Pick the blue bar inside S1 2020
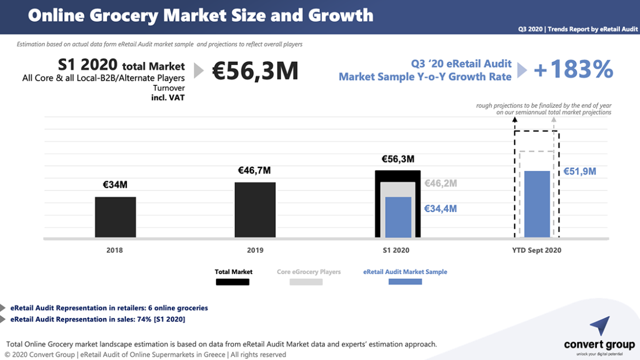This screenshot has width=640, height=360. (398, 217)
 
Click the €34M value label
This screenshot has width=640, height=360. (115, 185)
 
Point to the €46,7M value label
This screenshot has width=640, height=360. (254, 171)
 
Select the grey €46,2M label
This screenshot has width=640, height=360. (440, 183)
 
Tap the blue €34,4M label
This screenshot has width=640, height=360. (440, 208)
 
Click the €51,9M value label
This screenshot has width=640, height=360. (580, 171)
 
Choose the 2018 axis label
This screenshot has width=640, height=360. (115, 251)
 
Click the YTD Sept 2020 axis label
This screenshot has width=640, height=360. (537, 251)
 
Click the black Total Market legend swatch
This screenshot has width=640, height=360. (232, 282)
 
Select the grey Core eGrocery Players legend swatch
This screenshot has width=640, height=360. (306, 282)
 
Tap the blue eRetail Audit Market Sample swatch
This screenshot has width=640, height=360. (405, 282)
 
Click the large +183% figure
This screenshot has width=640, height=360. (573, 69)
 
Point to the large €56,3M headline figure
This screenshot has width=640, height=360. (255, 71)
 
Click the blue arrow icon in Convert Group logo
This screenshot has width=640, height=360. (600, 326)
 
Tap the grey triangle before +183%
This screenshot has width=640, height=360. (522, 70)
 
